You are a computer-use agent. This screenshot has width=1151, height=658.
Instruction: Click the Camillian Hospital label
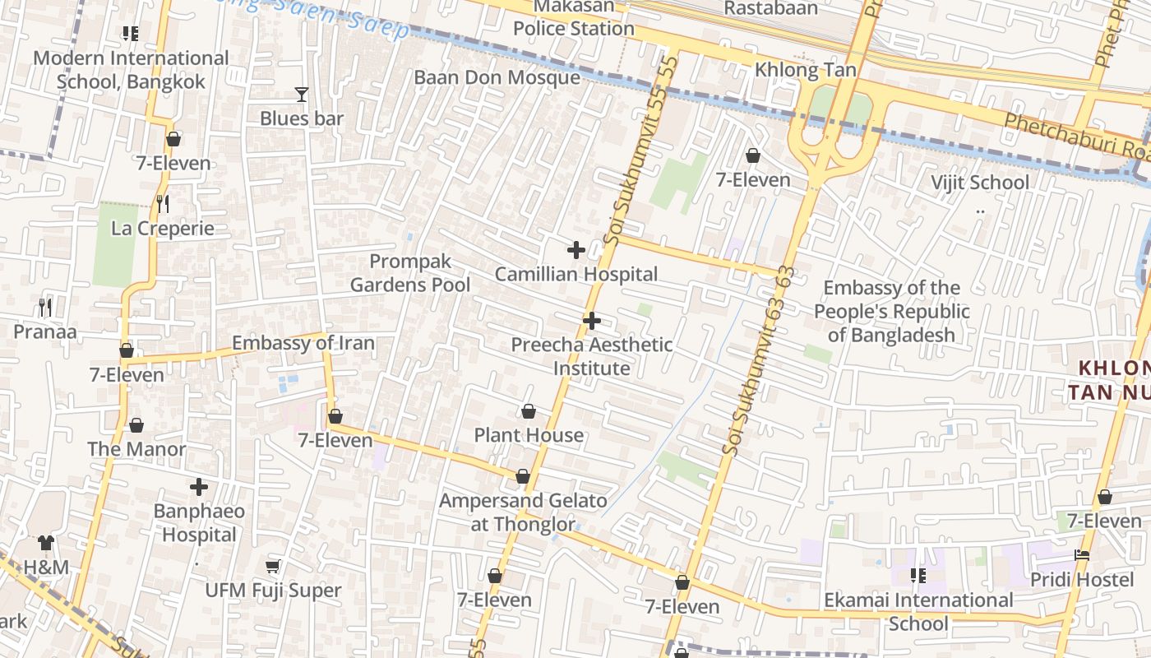point(576,274)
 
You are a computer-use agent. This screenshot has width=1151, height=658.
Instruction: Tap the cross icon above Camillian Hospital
point(576,250)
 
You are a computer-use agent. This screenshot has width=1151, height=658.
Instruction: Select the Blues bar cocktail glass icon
point(302,95)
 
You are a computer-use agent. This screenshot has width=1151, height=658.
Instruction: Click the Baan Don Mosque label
point(497,77)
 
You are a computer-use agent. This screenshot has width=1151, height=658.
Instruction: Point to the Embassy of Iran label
point(303,343)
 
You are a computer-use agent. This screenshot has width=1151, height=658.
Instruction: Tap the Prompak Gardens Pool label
point(410,273)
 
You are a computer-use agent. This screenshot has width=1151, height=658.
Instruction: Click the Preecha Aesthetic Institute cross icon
point(591,321)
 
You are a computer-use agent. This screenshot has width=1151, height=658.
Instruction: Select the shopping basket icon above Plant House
point(529,411)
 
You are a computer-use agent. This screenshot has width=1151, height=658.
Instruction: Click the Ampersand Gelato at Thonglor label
point(523,512)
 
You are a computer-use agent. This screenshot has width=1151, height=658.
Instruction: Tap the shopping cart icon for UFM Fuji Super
point(272,567)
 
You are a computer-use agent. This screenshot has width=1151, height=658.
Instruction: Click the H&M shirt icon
point(45,543)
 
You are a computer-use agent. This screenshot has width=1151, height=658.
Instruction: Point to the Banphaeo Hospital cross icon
point(199,488)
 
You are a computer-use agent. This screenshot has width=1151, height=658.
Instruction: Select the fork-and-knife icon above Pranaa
point(45,308)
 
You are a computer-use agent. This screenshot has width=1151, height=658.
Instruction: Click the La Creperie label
point(162,229)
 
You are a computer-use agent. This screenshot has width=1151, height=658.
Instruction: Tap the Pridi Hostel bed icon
point(1082,556)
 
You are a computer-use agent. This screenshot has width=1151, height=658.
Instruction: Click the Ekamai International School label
point(918,612)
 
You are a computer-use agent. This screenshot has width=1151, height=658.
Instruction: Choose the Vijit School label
point(979,182)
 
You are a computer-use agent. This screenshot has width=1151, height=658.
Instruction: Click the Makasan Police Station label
point(574,17)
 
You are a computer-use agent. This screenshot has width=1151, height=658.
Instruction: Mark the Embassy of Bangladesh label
point(892,311)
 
